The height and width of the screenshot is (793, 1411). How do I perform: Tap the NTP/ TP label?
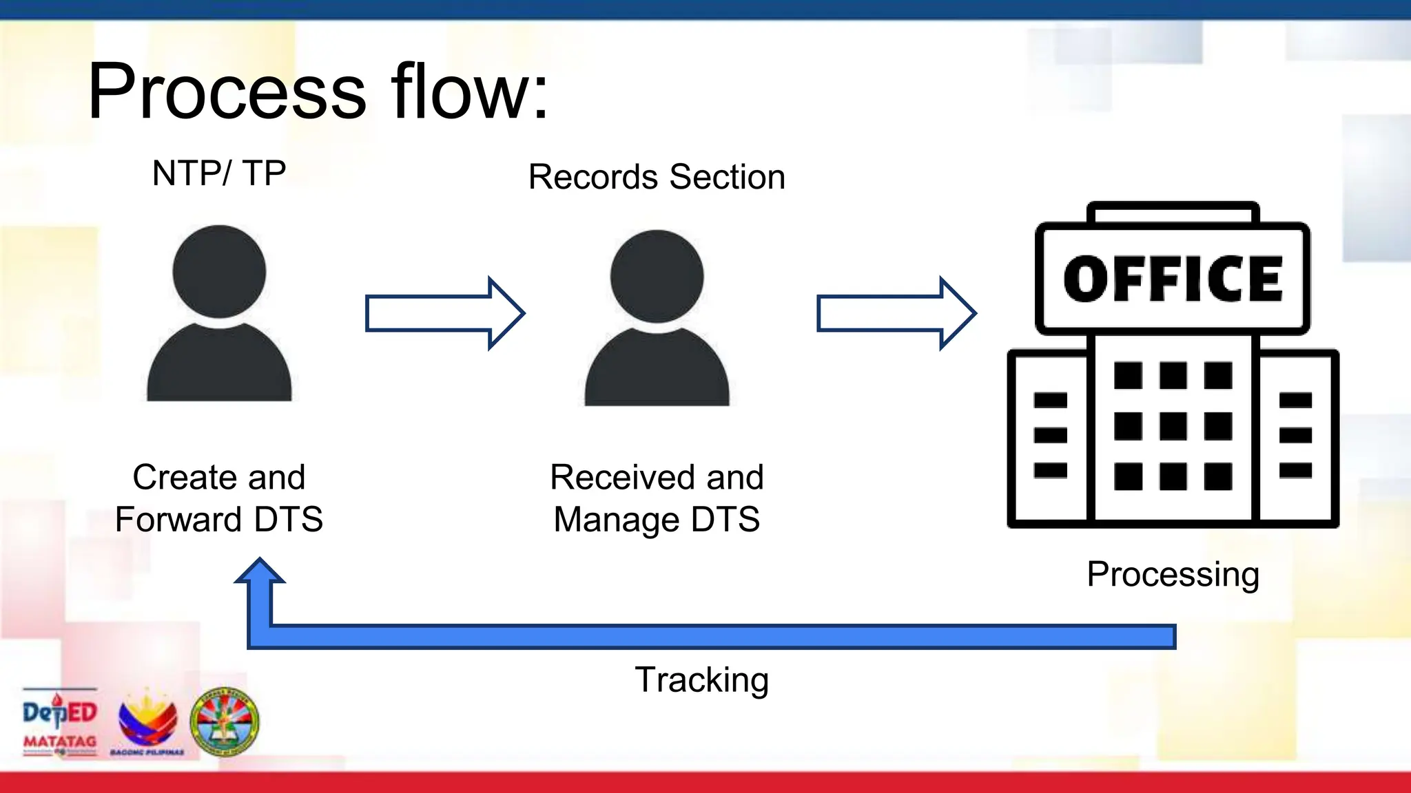click(x=219, y=173)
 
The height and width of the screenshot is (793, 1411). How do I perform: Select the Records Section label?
click(x=657, y=177)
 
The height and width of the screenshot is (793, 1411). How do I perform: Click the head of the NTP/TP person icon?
click(x=219, y=271)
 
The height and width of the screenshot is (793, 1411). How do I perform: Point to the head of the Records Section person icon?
click(x=657, y=276)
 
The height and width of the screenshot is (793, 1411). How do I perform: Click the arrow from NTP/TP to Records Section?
click(x=444, y=313)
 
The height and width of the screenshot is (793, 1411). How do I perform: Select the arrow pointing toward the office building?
click(x=896, y=313)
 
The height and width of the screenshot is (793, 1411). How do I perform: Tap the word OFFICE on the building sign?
click(x=1173, y=279)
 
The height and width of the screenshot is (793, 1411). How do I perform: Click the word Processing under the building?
click(x=1173, y=574)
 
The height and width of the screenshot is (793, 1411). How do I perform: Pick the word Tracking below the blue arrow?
click(x=701, y=680)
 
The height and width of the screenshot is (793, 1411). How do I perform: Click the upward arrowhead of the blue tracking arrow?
click(x=260, y=571)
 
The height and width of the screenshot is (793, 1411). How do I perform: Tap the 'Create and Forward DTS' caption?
click(x=219, y=498)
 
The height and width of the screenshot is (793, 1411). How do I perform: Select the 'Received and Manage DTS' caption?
click(x=657, y=498)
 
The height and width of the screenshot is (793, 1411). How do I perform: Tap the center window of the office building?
click(x=1173, y=426)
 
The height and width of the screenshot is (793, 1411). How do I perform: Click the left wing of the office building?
click(x=1049, y=438)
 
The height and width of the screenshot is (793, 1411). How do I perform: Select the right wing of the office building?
click(x=1295, y=438)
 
